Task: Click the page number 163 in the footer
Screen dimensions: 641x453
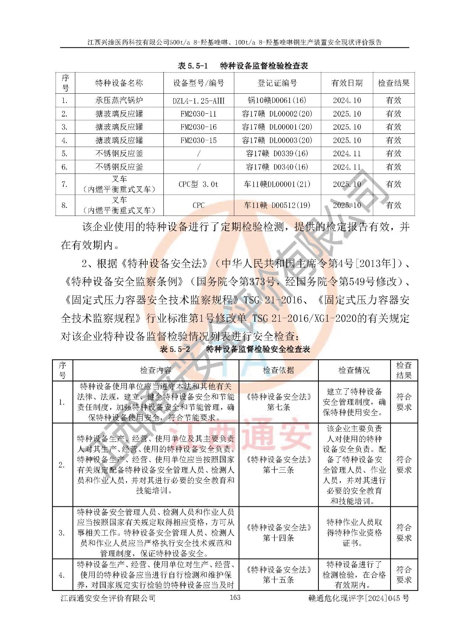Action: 235,597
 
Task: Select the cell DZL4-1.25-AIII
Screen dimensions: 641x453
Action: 199,101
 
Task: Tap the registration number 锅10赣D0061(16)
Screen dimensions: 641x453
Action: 277,101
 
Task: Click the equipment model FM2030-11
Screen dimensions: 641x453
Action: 199,114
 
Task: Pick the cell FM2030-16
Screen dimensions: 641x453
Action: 199,127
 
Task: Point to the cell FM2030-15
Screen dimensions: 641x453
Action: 199,140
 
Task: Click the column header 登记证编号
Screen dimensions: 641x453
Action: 277,83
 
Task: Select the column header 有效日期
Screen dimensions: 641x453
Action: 347,83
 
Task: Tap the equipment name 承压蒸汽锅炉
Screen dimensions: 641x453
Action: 119,101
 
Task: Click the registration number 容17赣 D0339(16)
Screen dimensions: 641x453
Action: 277,153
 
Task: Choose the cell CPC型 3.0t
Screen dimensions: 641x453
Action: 199,184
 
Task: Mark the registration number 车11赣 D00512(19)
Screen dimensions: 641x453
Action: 277,205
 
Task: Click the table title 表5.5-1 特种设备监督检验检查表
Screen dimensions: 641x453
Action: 243,66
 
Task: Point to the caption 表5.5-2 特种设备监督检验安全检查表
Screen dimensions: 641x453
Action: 235,349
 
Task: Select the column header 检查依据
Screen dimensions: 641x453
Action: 278,370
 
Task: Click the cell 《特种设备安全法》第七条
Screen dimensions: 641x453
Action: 278,402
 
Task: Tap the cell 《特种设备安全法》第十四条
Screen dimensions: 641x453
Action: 278,532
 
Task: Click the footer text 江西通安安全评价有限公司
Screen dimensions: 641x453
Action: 108,598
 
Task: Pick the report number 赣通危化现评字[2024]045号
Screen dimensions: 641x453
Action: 359,598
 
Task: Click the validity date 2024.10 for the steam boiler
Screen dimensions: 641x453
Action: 347,101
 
